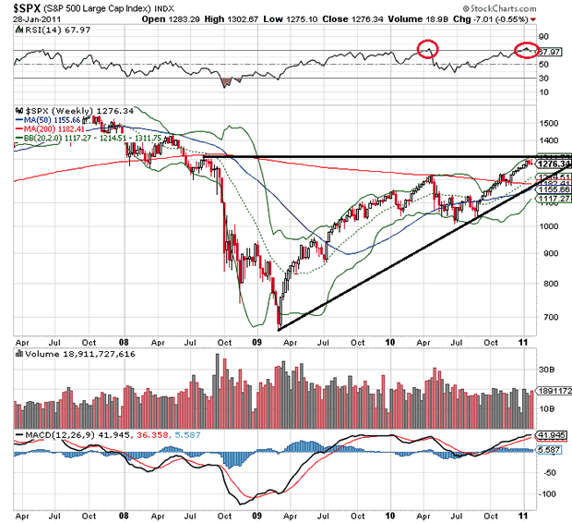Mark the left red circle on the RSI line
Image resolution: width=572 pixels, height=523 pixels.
[427, 49]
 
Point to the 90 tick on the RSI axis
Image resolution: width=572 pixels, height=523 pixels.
[542, 38]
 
